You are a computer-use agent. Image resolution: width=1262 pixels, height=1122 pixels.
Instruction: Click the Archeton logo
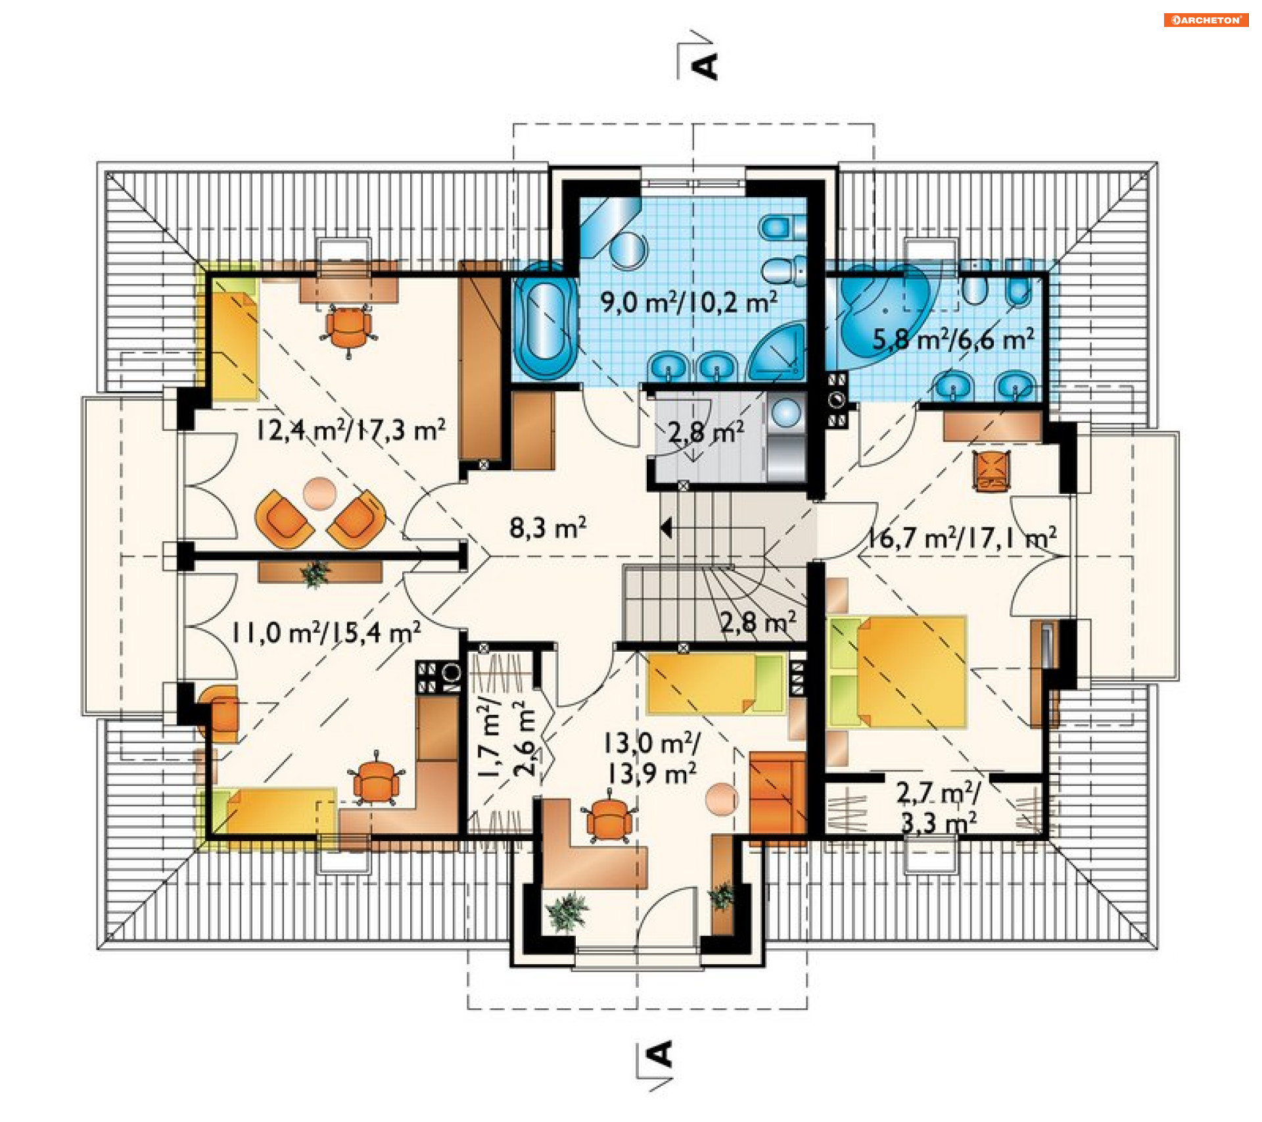[1205, 20]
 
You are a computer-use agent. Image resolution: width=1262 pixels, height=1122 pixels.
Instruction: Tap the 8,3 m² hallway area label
[548, 527]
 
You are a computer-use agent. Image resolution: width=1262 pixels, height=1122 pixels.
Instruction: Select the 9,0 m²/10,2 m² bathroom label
[689, 303]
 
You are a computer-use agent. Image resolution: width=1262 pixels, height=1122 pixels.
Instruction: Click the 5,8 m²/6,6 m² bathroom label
[953, 339]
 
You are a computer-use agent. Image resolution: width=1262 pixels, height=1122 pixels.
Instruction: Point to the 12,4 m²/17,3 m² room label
[350, 430]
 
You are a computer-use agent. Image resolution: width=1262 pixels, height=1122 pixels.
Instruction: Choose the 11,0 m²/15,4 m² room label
[325, 633]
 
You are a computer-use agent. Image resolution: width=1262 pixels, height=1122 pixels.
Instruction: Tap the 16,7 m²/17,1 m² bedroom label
[962, 538]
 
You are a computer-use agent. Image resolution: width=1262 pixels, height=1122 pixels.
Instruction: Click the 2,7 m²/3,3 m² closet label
[938, 808]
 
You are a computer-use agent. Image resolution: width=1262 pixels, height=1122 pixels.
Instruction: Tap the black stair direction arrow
[666, 528]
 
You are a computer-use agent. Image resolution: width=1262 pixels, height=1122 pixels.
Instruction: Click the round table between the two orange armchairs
[320, 493]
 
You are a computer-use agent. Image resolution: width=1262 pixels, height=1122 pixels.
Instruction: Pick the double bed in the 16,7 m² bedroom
[897, 671]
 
